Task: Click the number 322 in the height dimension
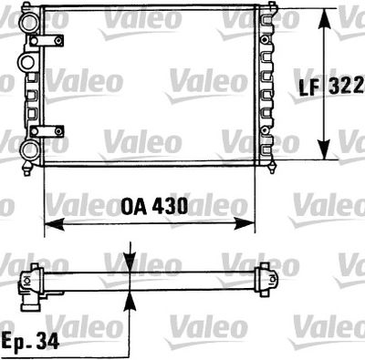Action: (x=349, y=87)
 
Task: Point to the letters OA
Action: (x=133, y=206)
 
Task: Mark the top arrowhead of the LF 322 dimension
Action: (x=324, y=17)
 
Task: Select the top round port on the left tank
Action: (x=29, y=15)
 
